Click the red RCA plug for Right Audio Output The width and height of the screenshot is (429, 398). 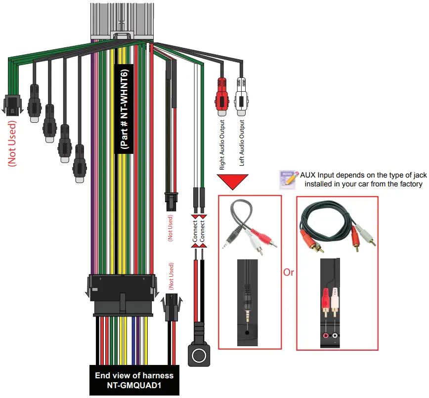pos(221,97)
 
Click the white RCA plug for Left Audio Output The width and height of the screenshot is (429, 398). pos(242,97)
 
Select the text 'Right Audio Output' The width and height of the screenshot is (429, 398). pos(222,145)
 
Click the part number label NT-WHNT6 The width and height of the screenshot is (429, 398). pos(124,109)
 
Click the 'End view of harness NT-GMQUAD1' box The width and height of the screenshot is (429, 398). pos(134,380)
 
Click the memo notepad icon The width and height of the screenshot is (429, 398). pos(289,178)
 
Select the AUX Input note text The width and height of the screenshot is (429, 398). pos(363,180)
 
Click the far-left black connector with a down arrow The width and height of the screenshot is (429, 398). pos(11,104)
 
